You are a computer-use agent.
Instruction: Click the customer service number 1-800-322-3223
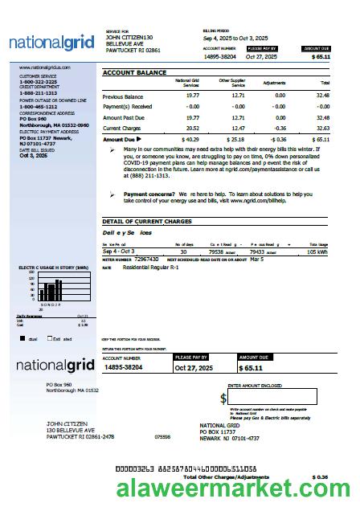point(38,82)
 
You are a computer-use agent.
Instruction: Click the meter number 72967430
point(146,260)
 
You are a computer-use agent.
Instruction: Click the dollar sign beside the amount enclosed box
point(223,398)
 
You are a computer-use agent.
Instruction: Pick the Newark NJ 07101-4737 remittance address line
point(229,438)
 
